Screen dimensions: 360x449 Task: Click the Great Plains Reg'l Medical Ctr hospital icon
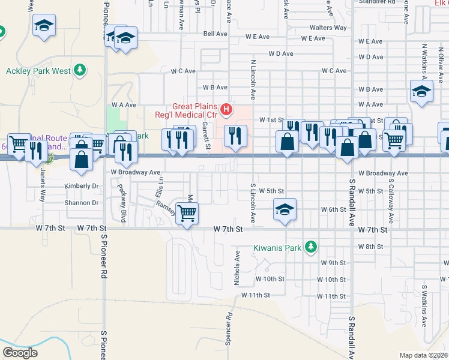point(226,109)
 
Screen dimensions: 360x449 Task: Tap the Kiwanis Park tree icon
point(310,247)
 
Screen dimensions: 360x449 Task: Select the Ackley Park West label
point(38,71)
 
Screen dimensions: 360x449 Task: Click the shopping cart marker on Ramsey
point(187,212)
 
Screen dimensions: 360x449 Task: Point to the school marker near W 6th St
point(285,210)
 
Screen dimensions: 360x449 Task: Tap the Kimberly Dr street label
point(81,186)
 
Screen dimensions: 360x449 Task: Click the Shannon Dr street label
point(82,203)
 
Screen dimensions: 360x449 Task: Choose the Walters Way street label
point(328,28)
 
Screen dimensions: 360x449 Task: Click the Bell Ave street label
point(214,34)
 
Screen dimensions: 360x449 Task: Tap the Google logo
point(20,353)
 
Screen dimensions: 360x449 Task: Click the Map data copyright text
point(424,355)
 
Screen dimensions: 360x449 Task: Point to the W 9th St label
point(334,263)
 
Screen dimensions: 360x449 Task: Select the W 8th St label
point(370,247)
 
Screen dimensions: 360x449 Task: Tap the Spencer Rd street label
point(229,329)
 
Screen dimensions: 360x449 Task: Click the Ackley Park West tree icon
point(80,71)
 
